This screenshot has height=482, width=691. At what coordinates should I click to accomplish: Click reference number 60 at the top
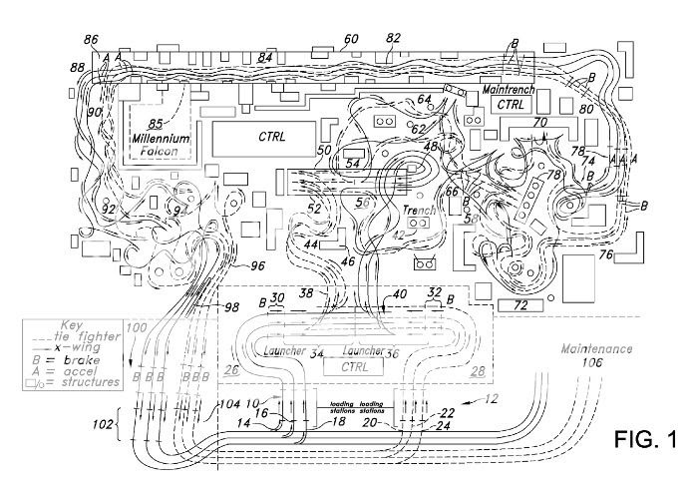(350, 40)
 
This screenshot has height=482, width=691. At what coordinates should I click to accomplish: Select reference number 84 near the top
(264, 59)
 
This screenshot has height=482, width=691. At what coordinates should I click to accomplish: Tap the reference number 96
(257, 266)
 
